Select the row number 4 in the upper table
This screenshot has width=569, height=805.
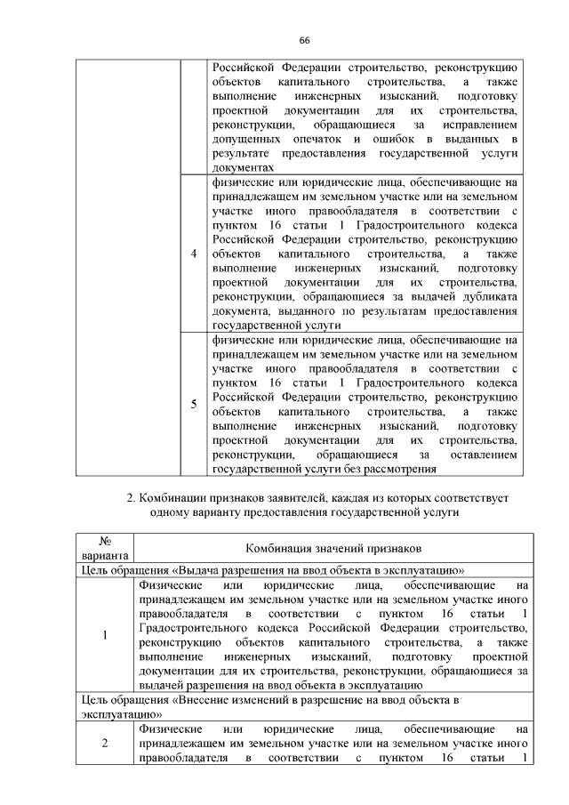pyautogui.click(x=194, y=254)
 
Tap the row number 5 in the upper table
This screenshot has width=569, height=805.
pyautogui.click(x=194, y=405)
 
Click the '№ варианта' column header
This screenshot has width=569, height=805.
pyautogui.click(x=105, y=549)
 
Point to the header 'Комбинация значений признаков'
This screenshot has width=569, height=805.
pyautogui.click(x=333, y=549)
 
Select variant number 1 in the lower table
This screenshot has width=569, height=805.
pyautogui.click(x=105, y=635)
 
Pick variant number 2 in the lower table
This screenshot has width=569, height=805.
pyautogui.click(x=105, y=745)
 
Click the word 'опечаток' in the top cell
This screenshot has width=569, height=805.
pyautogui.click(x=315, y=140)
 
